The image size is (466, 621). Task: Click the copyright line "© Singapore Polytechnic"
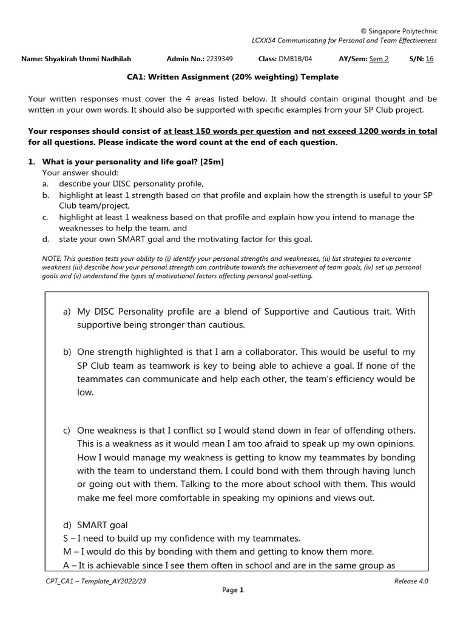399,31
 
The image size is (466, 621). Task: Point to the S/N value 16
430,59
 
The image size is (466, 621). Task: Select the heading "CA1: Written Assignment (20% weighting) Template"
232,77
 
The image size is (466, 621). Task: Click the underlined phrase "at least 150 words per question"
227,131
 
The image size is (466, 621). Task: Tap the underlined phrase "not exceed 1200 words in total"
374,131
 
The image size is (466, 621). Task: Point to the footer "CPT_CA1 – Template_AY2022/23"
96,581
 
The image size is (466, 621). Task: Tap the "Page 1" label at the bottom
232,589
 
